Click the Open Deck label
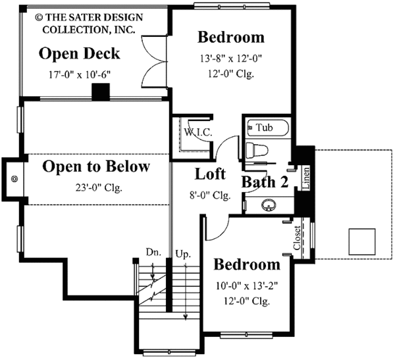click(79, 53)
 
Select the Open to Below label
click(96, 167)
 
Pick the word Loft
click(211, 174)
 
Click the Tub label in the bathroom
click(264, 127)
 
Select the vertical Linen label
click(305, 178)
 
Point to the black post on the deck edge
click(100, 92)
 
